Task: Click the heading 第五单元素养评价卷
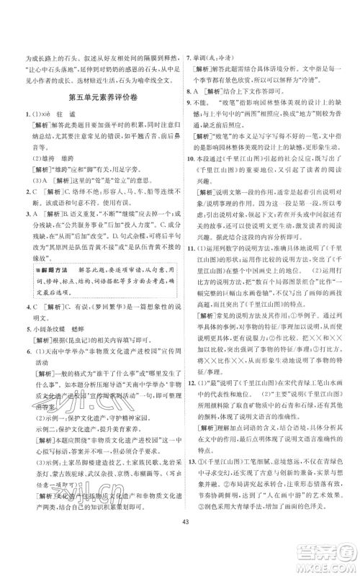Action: (99, 99)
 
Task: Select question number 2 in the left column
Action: (26, 213)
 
